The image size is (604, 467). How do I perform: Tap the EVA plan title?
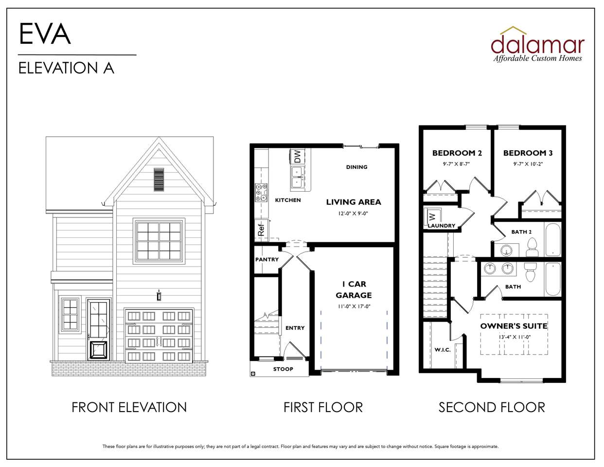coord(45,34)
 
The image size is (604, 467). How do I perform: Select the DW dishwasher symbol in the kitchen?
coord(297,157)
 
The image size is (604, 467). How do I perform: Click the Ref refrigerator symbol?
coord(261,230)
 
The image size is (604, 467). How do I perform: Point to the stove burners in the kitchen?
coord(262,192)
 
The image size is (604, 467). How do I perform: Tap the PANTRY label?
coord(267,259)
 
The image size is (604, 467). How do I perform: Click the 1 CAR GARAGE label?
coord(354,289)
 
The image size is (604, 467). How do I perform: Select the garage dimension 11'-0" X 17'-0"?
coord(354,306)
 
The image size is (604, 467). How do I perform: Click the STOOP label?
coord(283,369)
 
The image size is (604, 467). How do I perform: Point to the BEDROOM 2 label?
coord(457,153)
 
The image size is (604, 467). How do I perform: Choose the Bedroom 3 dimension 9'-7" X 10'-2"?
coord(528,164)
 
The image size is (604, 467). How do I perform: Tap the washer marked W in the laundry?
coord(432,216)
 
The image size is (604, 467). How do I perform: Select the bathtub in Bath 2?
coord(553,239)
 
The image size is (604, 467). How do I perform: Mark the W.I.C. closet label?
coord(443,350)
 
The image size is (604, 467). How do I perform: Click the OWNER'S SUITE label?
coord(514,326)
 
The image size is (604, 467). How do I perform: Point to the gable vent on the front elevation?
coord(159,180)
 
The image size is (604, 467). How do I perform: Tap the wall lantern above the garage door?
coord(159,295)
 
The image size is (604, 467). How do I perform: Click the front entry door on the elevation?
coord(99,330)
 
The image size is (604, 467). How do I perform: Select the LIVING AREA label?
coord(353,202)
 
